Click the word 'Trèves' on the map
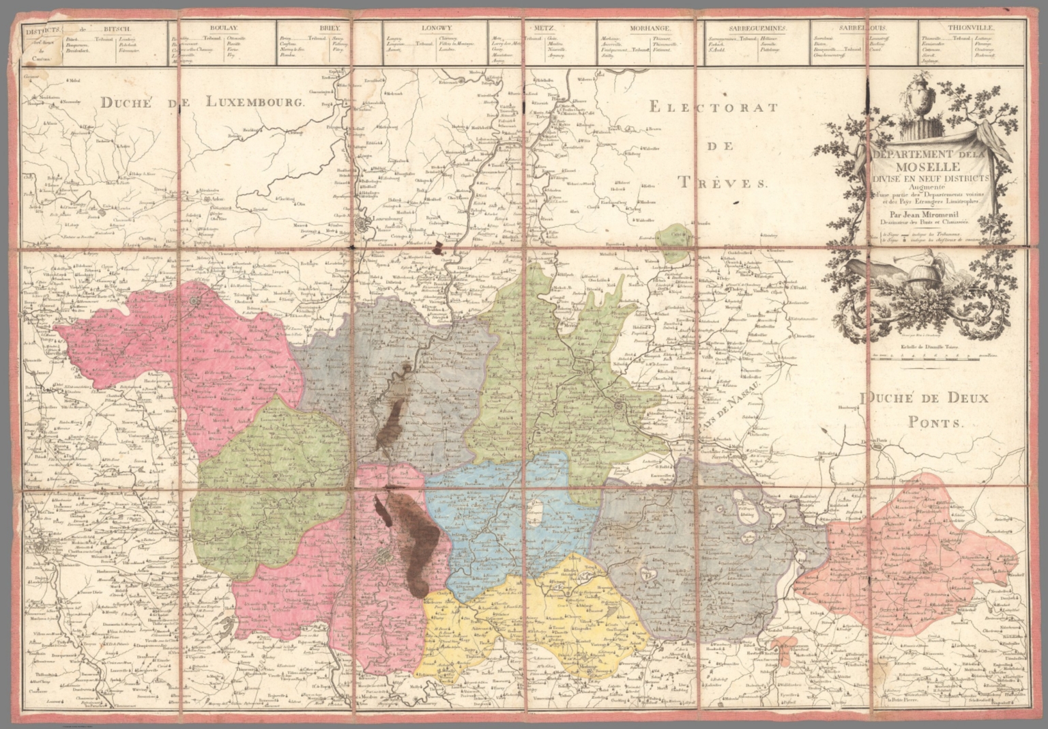point(723,182)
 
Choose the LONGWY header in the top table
point(435,29)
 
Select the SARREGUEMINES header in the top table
point(751,29)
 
